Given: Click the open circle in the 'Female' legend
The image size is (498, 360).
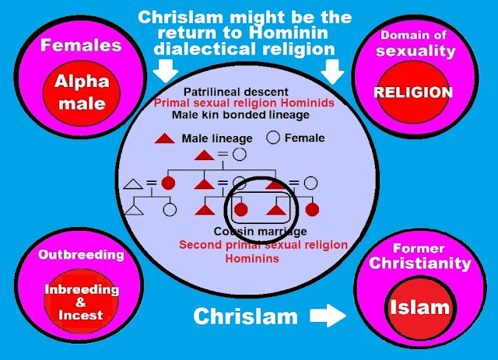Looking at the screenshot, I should pos(273,138).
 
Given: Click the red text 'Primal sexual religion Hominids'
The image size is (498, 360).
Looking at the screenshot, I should pos(245,103).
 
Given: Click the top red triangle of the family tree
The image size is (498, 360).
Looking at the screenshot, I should pos(204,156).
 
